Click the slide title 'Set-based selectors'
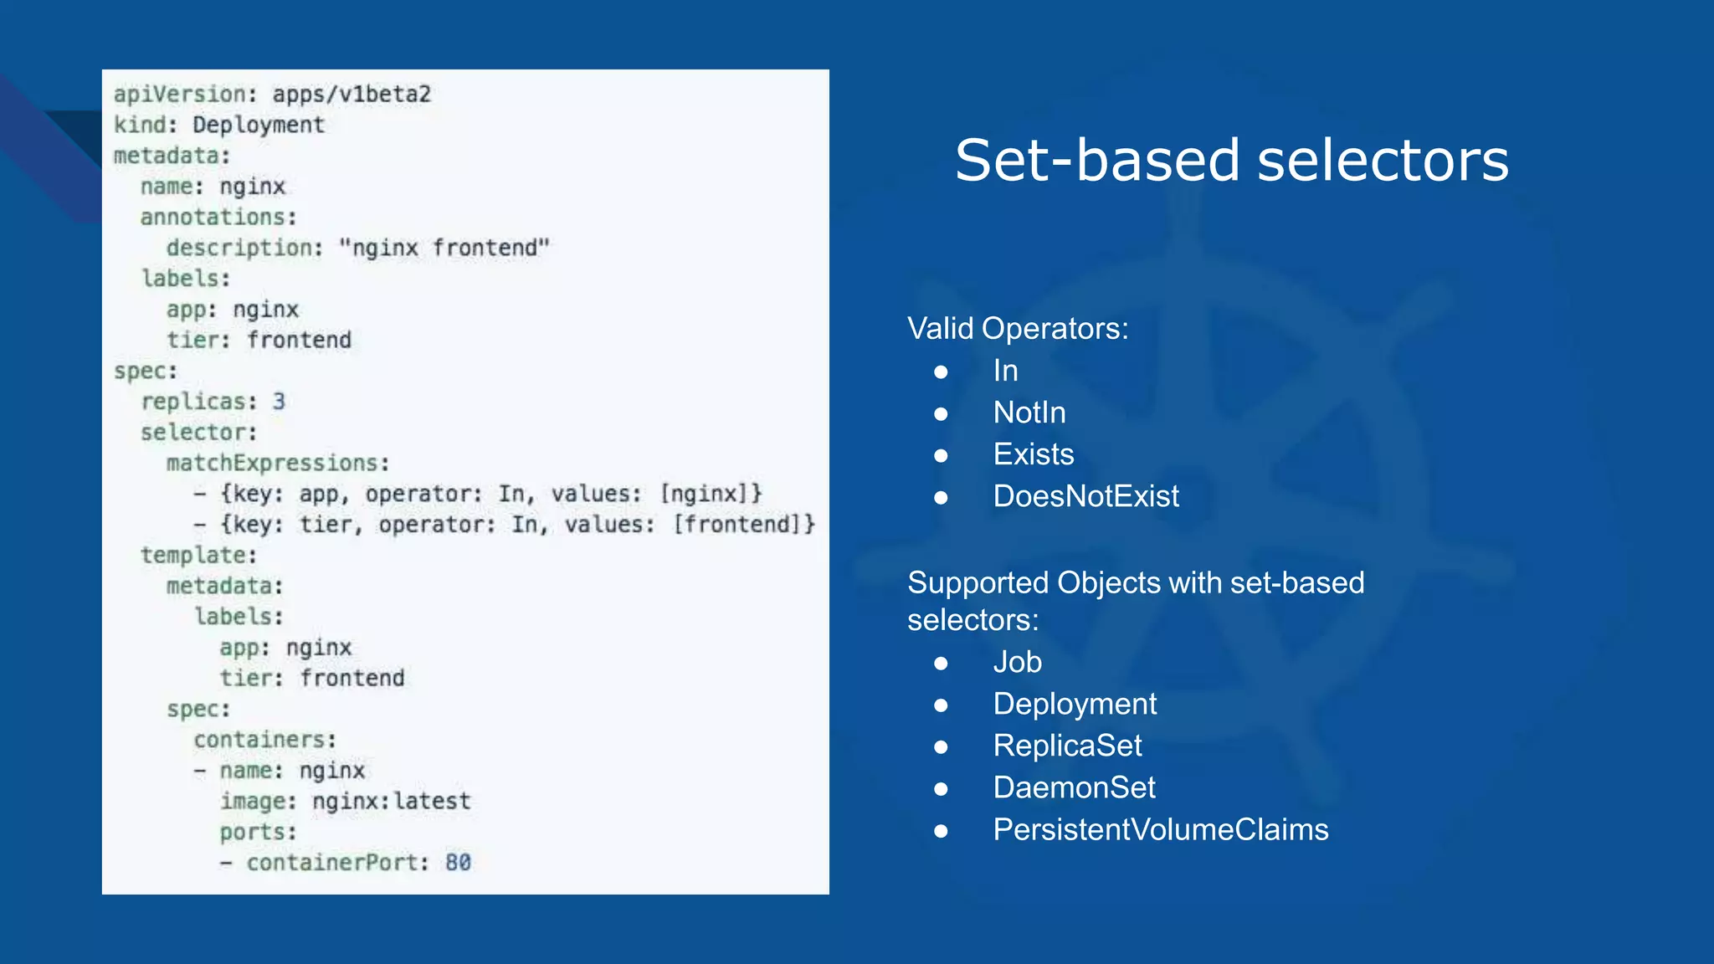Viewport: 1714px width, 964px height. pyautogui.click(x=1231, y=161)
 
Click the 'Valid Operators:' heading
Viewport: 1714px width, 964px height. pyautogui.click(x=1018, y=329)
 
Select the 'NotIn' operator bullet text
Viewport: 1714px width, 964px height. pyautogui.click(x=1029, y=413)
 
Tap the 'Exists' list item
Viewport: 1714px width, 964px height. pyautogui.click(x=1033, y=454)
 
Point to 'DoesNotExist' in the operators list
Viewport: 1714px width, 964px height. pyautogui.click(x=1085, y=496)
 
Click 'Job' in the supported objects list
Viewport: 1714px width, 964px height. pyautogui.click(x=1017, y=662)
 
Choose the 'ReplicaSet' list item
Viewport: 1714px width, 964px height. pyautogui.click(x=1067, y=746)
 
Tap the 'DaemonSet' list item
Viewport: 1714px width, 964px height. pyautogui.click(x=1074, y=787)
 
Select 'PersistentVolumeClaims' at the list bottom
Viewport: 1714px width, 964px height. pyautogui.click(x=1160, y=829)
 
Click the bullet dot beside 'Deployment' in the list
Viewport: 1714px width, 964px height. pyautogui.click(x=941, y=705)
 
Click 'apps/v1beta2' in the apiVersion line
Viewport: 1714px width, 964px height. pyautogui.click(x=352, y=94)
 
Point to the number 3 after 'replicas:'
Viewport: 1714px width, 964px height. pyautogui.click(x=279, y=402)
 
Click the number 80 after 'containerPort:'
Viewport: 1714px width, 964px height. pyautogui.click(x=458, y=862)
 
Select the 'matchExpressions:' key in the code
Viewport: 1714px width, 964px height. pyautogui.click(x=277, y=463)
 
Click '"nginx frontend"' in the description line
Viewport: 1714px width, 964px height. pyautogui.click(x=444, y=248)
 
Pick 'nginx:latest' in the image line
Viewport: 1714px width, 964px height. pyautogui.click(x=391, y=801)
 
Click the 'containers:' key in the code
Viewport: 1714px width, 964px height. pyautogui.click(x=264, y=740)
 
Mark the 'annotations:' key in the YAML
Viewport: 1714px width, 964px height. pyautogui.click(x=218, y=217)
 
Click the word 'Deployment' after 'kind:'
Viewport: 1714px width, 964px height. pyautogui.click(x=258, y=125)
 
